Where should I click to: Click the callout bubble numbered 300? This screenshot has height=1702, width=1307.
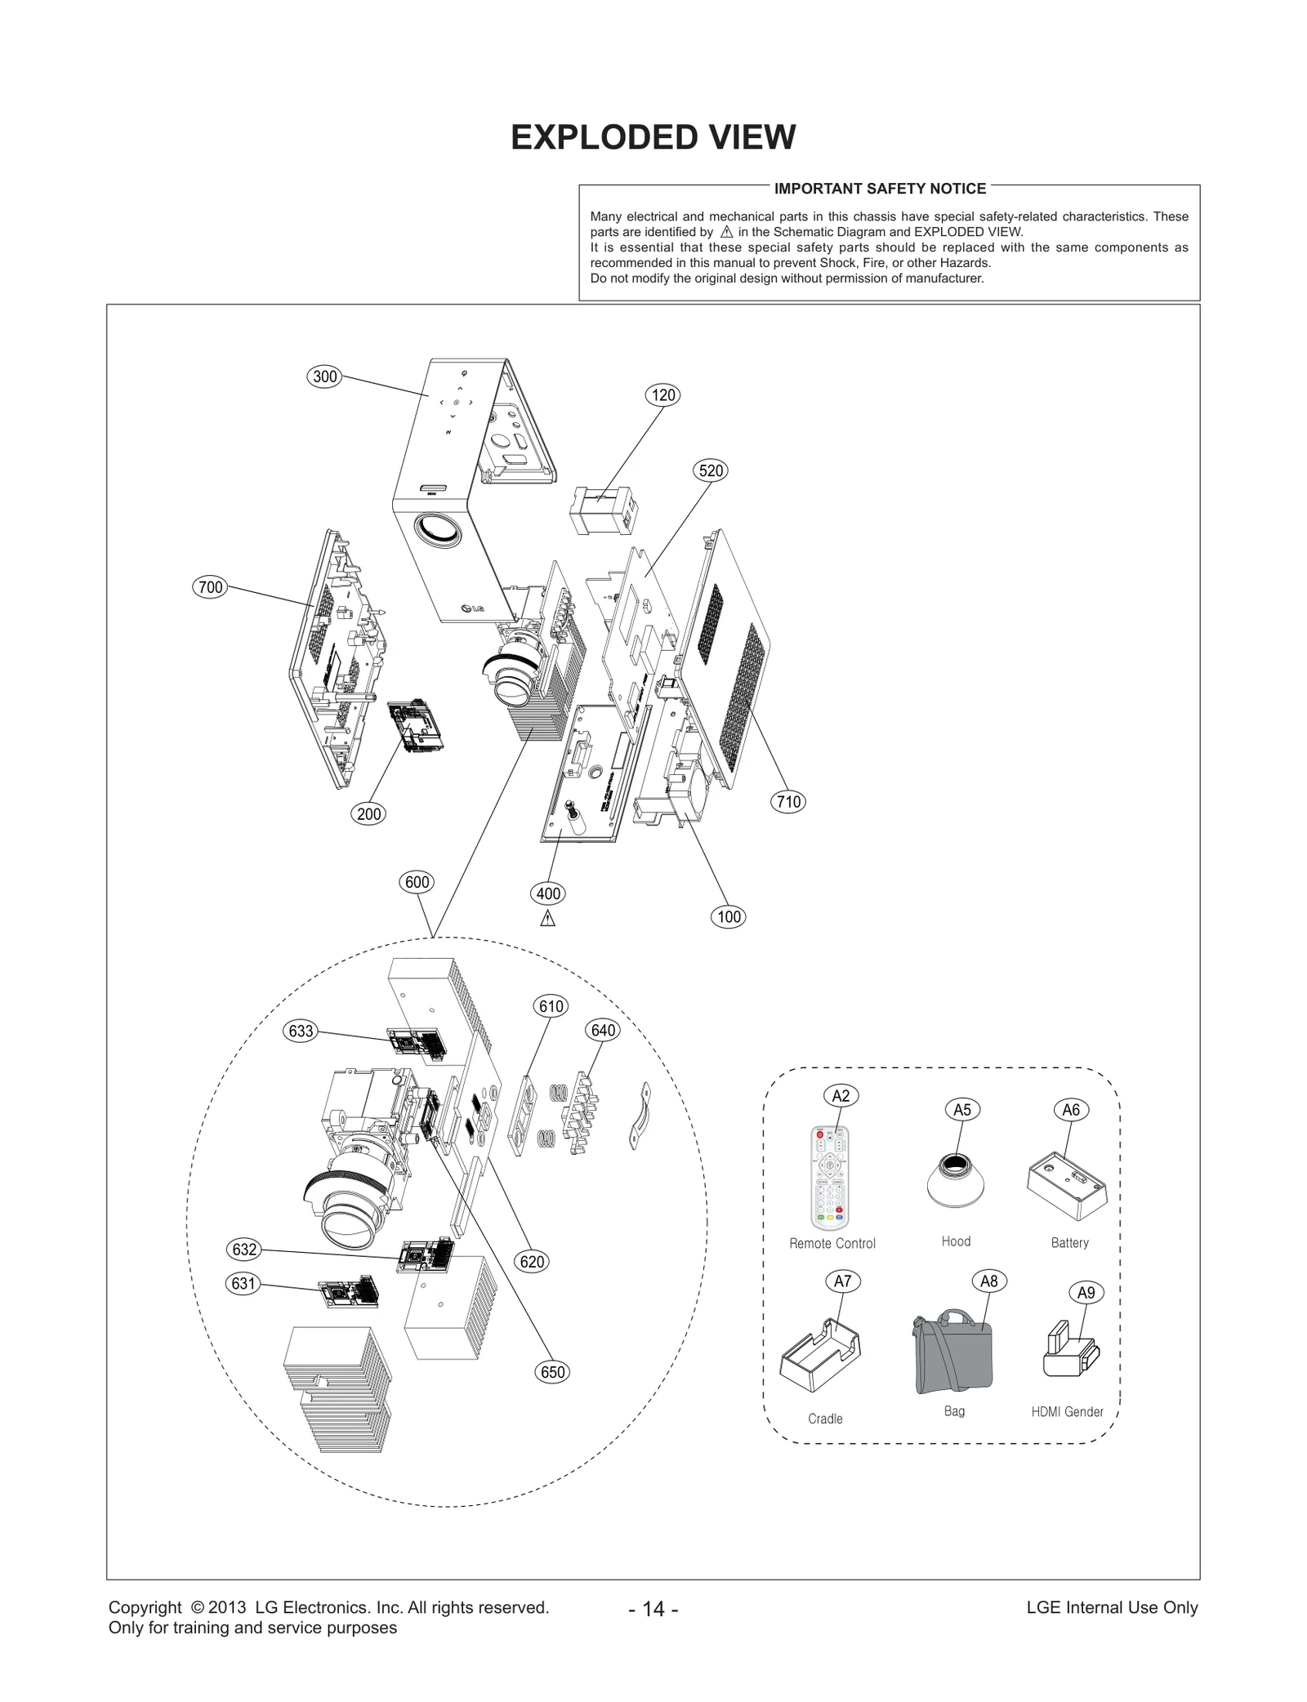325,376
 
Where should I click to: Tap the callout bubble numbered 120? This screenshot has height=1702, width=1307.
663,395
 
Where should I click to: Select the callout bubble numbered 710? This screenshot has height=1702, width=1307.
788,802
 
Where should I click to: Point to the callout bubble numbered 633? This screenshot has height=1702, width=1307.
301,1031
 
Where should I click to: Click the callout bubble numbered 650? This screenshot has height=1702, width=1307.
553,1372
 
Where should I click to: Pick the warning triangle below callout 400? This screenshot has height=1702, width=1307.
548,919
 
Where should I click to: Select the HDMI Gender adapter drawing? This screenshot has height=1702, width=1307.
1070,1352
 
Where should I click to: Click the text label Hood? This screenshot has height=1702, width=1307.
956,1241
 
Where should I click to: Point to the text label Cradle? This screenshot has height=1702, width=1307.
825,1419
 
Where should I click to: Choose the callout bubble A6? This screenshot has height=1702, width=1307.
1071,1110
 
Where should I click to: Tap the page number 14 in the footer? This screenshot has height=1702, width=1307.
653,1608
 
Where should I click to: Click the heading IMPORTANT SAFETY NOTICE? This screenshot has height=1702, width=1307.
880,189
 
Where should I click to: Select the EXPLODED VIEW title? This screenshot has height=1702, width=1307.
653,137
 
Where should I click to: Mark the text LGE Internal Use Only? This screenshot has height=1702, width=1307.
1112,1607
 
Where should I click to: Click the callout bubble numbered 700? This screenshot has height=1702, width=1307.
211,587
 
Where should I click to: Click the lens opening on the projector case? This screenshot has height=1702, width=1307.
439,529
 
